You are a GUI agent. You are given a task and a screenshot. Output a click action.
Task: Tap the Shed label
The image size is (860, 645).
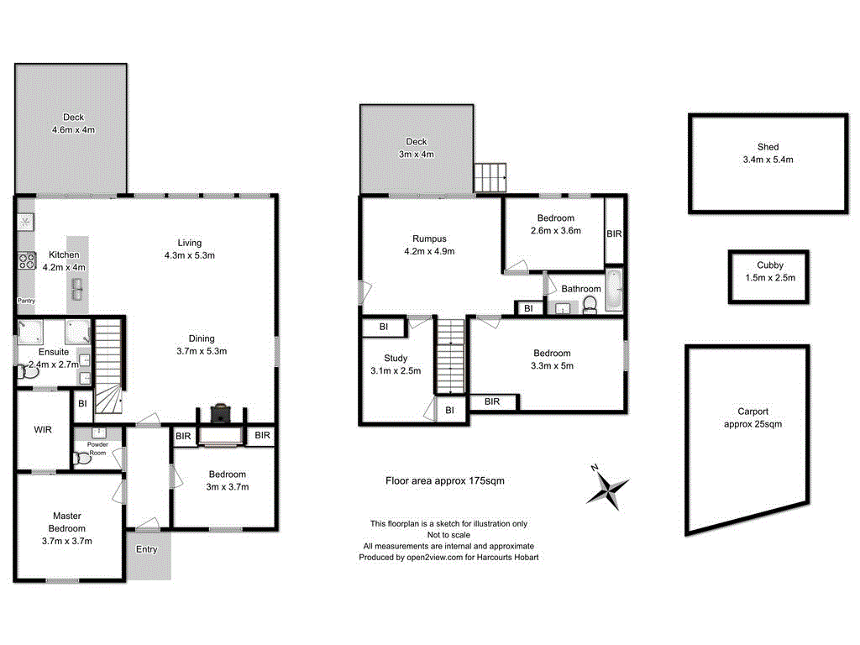pyautogui.click(x=767, y=146)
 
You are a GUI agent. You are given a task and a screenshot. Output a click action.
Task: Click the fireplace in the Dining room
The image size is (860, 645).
pyautogui.click(x=220, y=412)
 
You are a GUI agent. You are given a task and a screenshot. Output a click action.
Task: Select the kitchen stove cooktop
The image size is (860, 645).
pyautogui.click(x=26, y=260)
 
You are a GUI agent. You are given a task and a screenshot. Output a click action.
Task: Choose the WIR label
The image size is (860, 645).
pyautogui.click(x=44, y=429)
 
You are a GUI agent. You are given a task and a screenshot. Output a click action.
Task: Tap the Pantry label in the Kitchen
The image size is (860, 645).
pyautogui.click(x=26, y=300)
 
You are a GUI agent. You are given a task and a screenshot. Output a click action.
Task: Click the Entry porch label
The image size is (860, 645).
pyautogui.click(x=147, y=549)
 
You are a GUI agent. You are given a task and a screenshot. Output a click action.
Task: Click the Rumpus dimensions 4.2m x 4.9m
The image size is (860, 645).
pyautogui.click(x=428, y=250)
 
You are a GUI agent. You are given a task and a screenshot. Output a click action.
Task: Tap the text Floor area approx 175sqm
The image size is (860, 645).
pyautogui.click(x=444, y=481)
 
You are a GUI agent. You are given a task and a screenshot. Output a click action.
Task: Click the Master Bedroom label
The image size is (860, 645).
pyautogui.click(x=67, y=522)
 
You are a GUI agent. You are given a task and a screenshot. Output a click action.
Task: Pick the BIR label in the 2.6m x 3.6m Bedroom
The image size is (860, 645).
pyautogui.click(x=614, y=233)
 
